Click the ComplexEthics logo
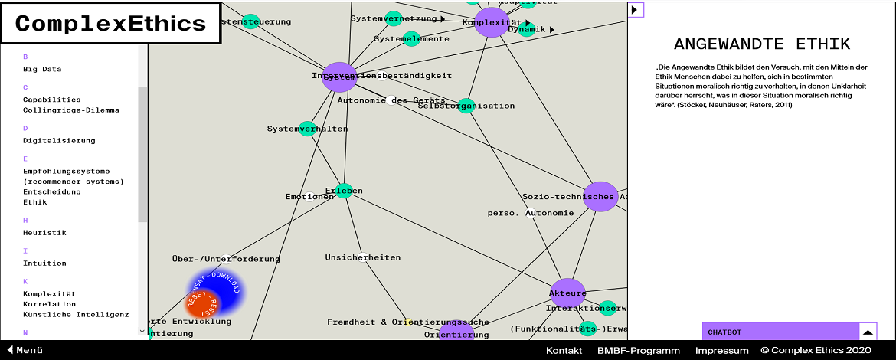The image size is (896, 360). pos(110,24)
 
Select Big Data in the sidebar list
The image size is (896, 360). pos(42,69)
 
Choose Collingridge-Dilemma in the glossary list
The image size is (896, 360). pos(70,110)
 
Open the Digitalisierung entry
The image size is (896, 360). pos(59,140)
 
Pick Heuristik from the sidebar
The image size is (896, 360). pos(44,232)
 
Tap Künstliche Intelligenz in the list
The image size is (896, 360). pos(76,314)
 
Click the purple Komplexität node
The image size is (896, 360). pos(492,22)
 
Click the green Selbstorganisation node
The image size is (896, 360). pos(466,106)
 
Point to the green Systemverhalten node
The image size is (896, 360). pos(307,129)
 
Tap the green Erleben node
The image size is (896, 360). pos(344,191)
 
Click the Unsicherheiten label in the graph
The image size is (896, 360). pos(362,257)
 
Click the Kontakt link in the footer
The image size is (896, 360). pos(564,350)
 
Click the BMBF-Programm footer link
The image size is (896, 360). pos(638,350)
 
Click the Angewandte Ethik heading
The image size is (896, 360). pos(761,44)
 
